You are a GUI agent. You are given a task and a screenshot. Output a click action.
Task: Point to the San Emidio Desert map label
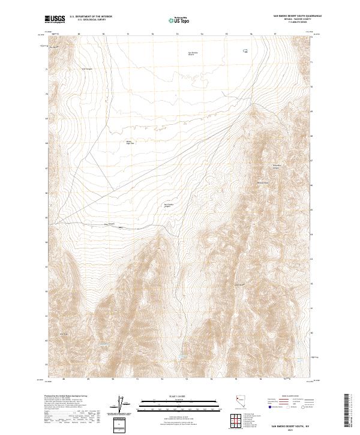(x=193, y=53)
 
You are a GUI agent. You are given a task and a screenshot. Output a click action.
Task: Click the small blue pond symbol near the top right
(x=245, y=51)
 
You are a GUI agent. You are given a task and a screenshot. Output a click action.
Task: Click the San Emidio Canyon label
(x=169, y=205)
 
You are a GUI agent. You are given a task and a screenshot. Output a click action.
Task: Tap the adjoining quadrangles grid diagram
(x=235, y=420)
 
